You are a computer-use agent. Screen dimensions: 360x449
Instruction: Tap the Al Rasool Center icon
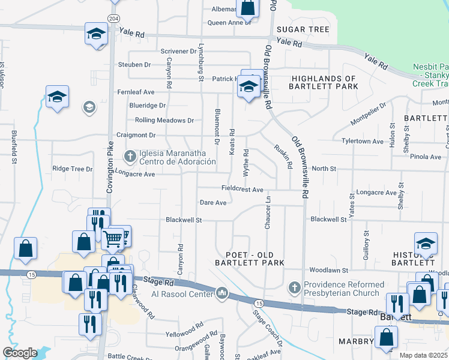click(222, 293)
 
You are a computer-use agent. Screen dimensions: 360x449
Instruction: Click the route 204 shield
click(113, 19)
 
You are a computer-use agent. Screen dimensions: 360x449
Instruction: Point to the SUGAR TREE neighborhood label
click(302, 29)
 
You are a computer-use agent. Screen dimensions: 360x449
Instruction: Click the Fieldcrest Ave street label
click(243, 189)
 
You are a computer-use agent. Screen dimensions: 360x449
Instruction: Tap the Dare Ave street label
click(213, 203)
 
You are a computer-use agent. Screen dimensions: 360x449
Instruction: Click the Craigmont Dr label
click(136, 136)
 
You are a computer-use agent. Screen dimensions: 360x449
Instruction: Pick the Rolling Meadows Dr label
click(164, 120)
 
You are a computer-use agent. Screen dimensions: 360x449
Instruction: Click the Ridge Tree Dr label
click(72, 169)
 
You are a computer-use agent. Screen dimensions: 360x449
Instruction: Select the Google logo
click(20, 353)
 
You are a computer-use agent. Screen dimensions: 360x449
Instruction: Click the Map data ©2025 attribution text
click(424, 355)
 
